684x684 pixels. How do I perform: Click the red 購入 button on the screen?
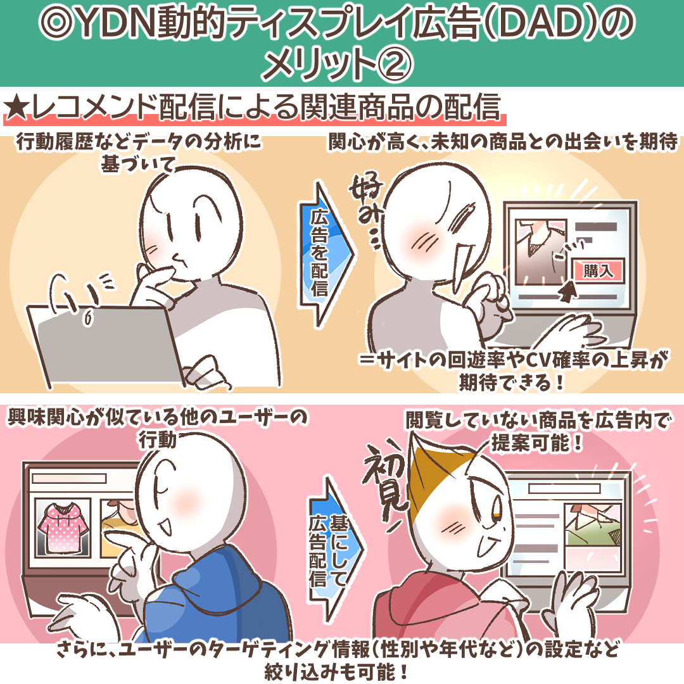[598, 271]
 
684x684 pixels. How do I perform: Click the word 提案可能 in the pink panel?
[531, 443]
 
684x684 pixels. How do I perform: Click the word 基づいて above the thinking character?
[138, 165]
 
